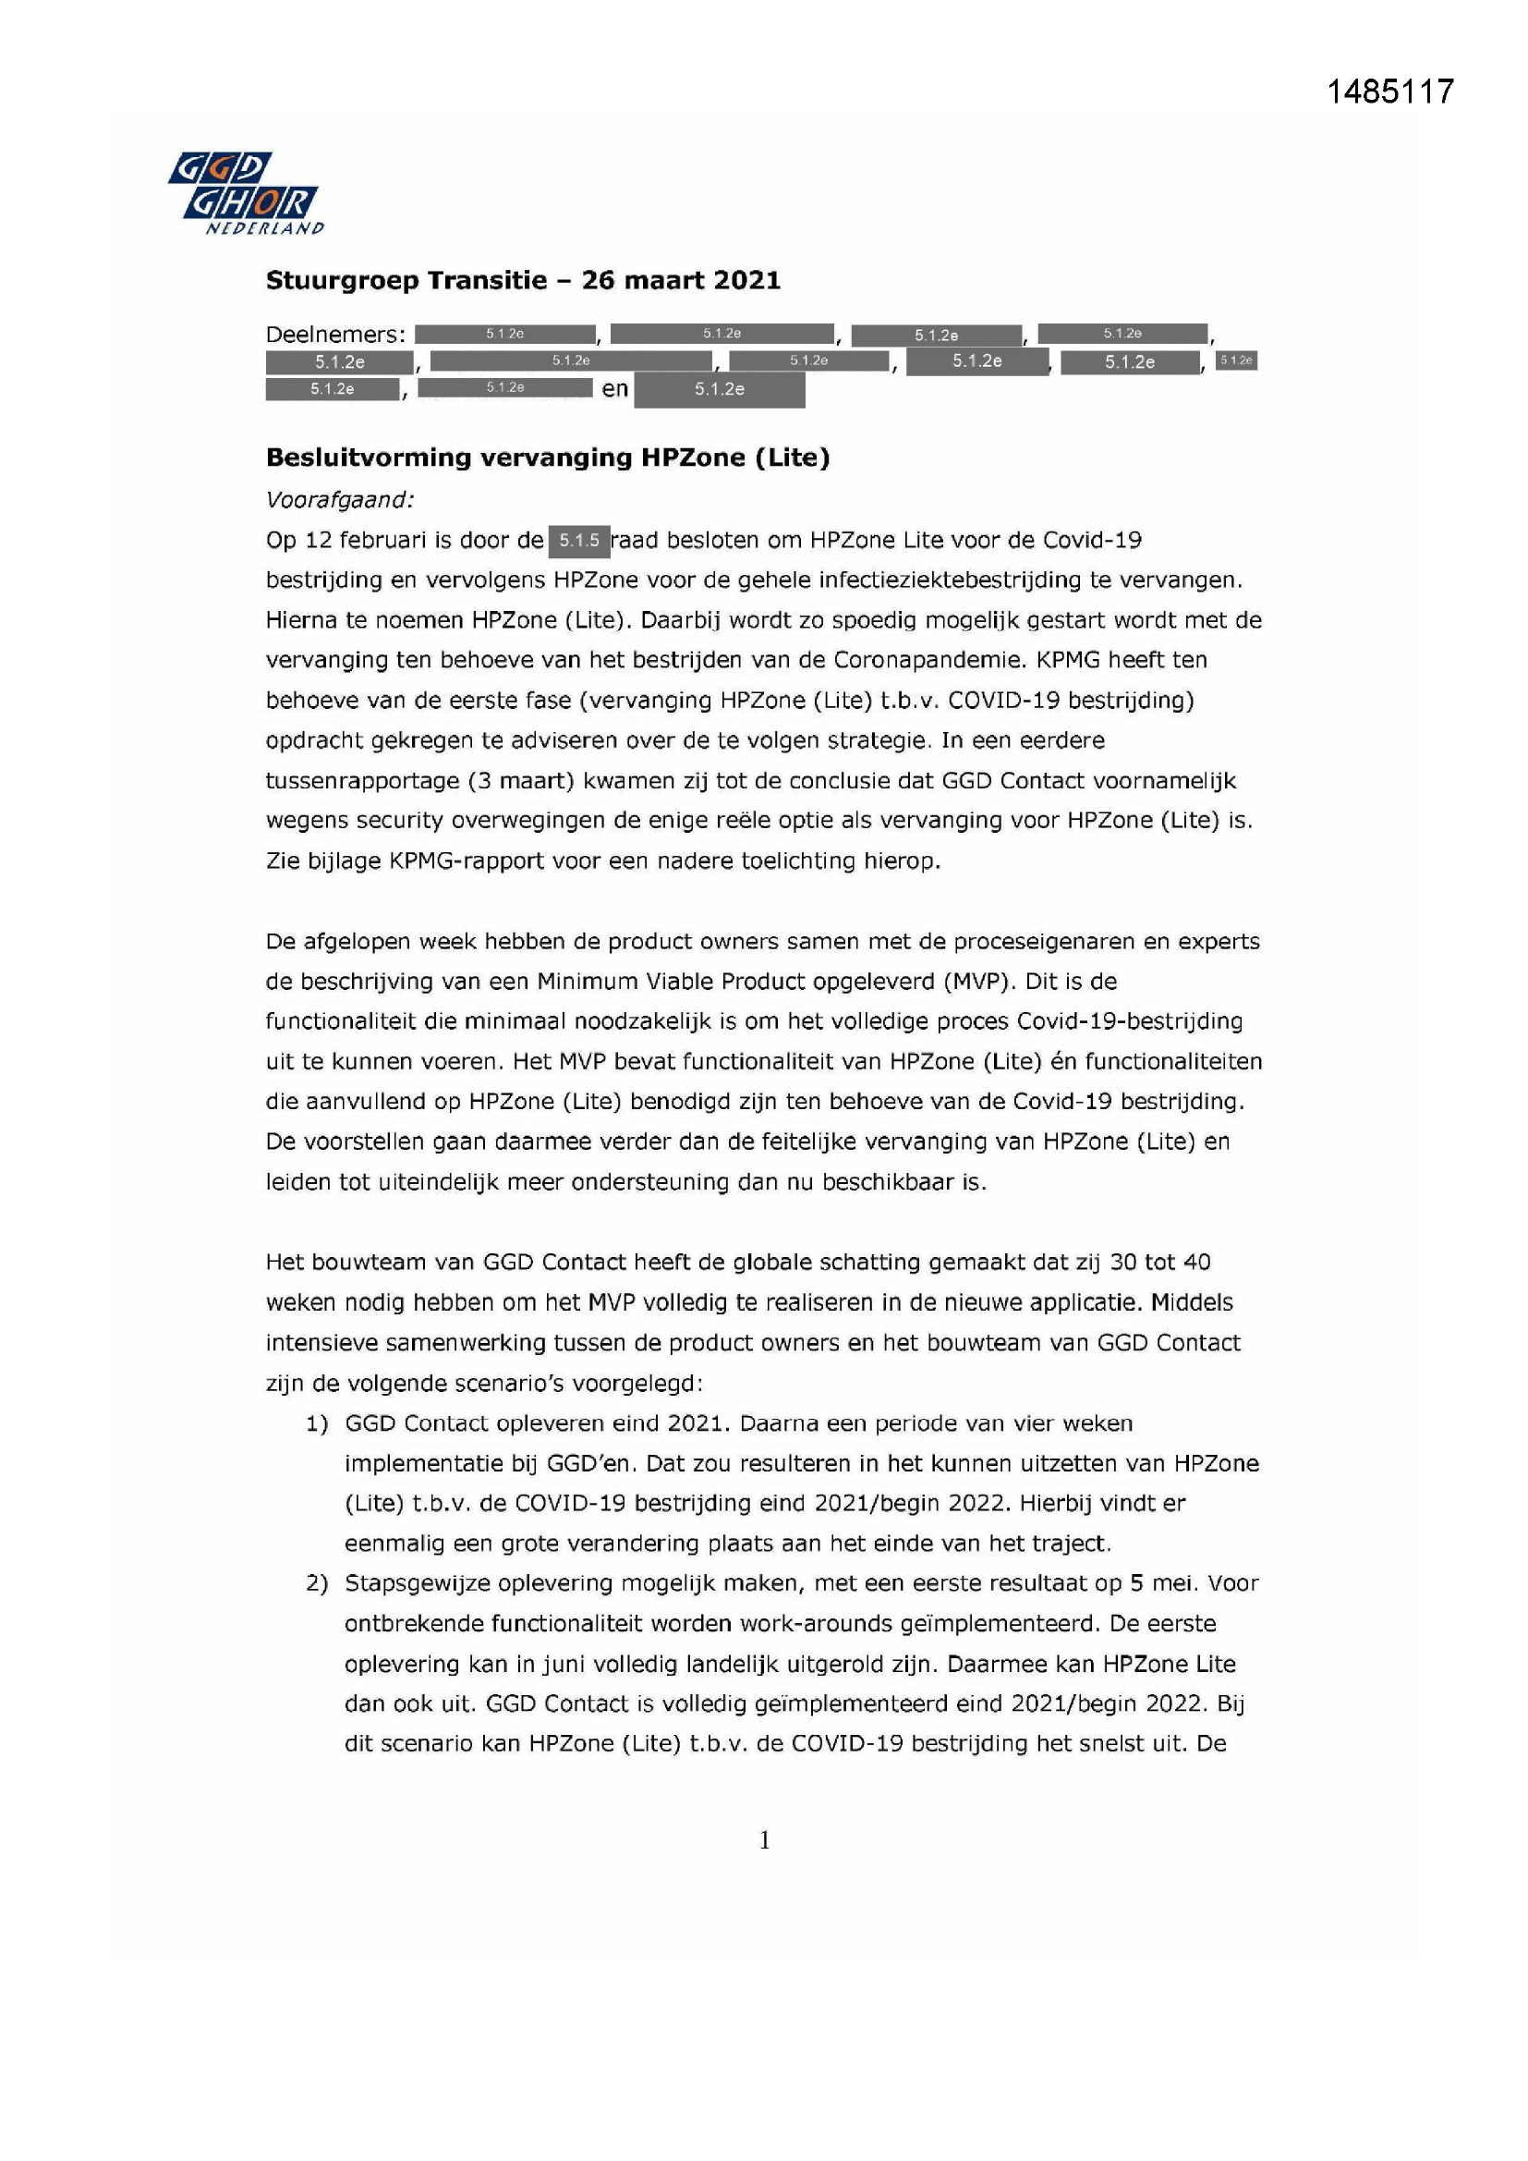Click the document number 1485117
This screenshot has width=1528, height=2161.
pyautogui.click(x=1389, y=92)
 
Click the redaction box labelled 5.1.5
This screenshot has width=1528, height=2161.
pyautogui.click(x=578, y=542)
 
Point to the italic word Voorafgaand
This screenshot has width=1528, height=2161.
pyautogui.click(x=339, y=500)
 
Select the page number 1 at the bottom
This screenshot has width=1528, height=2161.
pyautogui.click(x=764, y=1840)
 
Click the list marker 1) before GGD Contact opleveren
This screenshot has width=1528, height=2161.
pyautogui.click(x=317, y=1424)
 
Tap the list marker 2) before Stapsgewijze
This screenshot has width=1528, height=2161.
pyautogui.click(x=317, y=1584)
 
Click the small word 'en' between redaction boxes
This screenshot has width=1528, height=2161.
pyautogui.click(x=614, y=389)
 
